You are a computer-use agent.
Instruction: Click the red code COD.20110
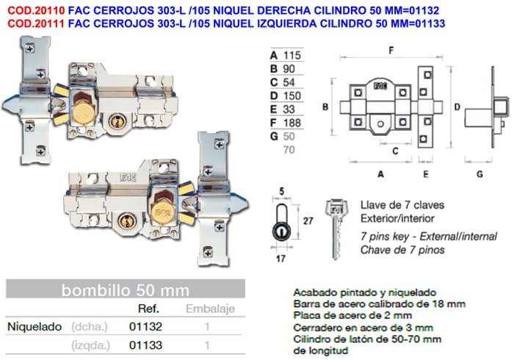(x=36, y=10)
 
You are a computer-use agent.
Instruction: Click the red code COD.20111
(x=36, y=24)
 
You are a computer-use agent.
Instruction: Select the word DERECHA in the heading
(x=284, y=10)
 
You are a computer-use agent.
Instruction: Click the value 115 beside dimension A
(x=292, y=55)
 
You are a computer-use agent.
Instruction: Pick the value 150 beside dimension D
(x=292, y=96)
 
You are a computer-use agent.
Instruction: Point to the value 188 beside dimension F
(x=292, y=123)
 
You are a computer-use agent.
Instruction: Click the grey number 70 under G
(x=289, y=150)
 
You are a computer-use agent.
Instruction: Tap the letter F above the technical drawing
(x=391, y=51)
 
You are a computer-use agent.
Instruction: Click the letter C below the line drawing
(x=395, y=151)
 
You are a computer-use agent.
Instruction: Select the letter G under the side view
(x=479, y=174)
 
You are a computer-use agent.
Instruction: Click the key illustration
(x=336, y=228)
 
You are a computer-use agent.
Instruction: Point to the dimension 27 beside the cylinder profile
(x=308, y=221)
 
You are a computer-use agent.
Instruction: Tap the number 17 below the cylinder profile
(x=280, y=259)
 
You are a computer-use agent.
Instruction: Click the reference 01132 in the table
(x=145, y=326)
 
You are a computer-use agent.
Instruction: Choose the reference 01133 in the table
(x=145, y=345)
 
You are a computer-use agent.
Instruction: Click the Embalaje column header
(x=210, y=309)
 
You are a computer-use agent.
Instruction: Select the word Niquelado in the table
(x=35, y=326)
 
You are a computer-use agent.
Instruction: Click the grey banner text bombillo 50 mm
(x=126, y=290)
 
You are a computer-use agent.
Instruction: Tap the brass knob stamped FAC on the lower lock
(x=163, y=212)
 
